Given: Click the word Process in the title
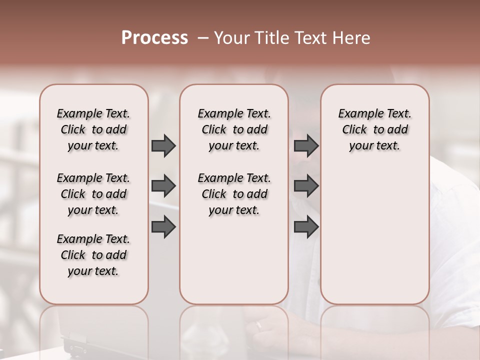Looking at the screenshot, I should point(154,38).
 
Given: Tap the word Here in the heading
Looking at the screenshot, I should point(352,38).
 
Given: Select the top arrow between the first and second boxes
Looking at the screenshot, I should point(163,145).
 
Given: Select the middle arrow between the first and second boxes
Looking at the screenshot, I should point(163,186).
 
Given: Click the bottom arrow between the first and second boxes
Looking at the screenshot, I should point(163,227).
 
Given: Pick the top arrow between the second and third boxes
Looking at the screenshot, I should point(306,145).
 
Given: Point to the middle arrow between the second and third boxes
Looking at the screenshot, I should point(306,186).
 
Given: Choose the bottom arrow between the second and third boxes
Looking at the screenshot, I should point(306,227).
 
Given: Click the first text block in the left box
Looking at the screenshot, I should point(93,129).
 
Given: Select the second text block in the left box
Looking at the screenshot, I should point(93,194).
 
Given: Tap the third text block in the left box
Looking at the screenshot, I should point(93,255).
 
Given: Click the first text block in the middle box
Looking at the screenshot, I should point(234,129).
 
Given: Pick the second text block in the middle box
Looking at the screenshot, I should point(234,194).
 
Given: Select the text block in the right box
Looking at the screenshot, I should point(374,129).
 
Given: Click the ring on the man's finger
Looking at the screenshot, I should point(258,325).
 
